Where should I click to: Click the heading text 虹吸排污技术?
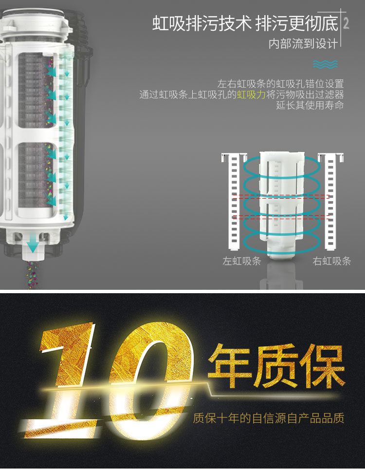(202, 23)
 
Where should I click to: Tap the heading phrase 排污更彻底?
(297, 23)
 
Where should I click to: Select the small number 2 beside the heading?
(346, 23)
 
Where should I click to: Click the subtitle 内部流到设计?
(303, 44)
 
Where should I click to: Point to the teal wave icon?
(325, 64)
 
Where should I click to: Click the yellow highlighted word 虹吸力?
(251, 94)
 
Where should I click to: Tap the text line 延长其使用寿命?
(310, 105)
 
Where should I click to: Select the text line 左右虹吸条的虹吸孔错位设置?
(280, 84)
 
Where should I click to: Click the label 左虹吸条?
(242, 261)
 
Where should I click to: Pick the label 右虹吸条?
(332, 261)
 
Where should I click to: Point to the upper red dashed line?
(281, 196)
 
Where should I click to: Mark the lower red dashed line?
(281, 216)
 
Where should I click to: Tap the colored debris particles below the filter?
(32, 274)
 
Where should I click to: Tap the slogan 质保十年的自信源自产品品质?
(268, 418)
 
